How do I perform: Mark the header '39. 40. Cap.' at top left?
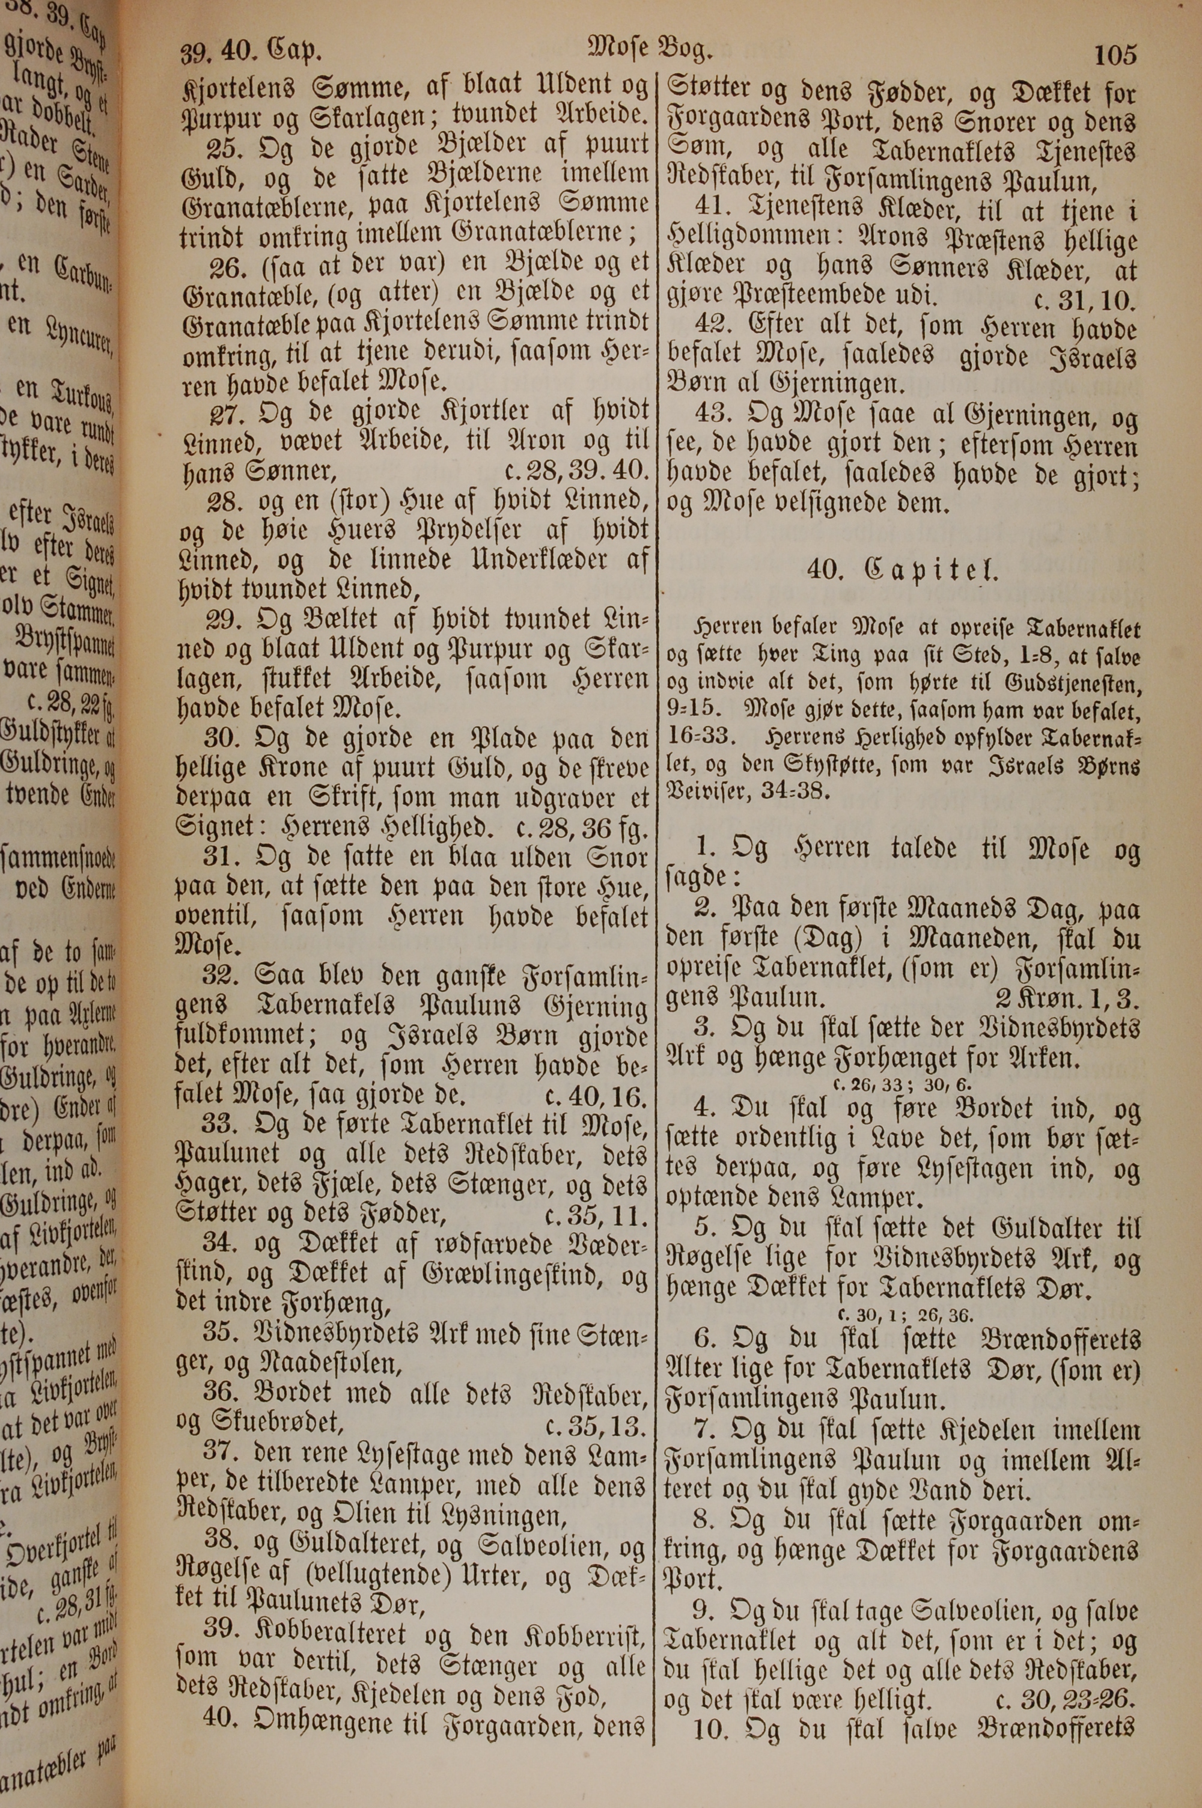[251, 51]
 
